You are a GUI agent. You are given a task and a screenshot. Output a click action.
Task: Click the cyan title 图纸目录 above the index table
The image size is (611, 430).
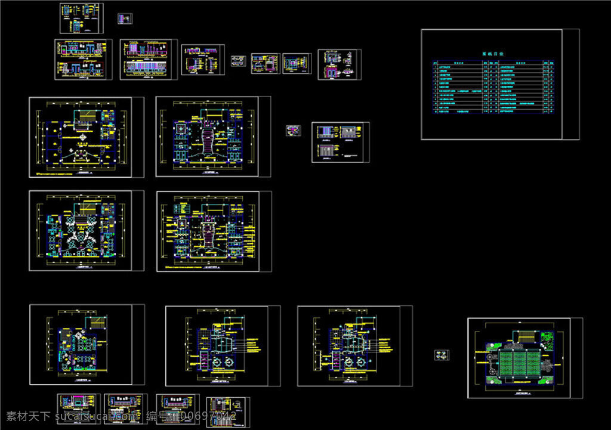(x=492, y=54)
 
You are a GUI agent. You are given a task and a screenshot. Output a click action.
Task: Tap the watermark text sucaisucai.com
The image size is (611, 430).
(x=95, y=417)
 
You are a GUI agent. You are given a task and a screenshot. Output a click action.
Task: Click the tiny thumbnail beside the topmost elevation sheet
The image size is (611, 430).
(x=125, y=19)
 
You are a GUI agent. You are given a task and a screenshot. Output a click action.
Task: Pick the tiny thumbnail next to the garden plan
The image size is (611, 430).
(x=442, y=355)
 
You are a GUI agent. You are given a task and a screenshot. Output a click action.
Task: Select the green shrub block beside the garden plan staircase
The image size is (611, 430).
(x=547, y=338)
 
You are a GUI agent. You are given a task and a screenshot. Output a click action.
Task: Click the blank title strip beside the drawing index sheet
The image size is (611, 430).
(x=570, y=84)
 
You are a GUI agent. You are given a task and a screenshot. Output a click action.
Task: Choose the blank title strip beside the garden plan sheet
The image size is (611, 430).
(x=576, y=357)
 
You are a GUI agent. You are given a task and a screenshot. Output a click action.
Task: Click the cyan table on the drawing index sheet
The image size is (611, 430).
(x=492, y=86)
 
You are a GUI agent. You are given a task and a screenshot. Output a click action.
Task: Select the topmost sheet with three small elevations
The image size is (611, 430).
(x=81, y=18)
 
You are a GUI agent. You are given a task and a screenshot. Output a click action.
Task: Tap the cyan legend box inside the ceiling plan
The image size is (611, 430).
(x=82, y=113)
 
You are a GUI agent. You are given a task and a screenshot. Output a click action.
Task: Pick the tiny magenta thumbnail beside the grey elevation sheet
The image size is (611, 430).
(x=293, y=131)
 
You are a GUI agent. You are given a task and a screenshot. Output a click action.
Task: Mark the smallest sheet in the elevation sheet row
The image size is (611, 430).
(x=238, y=61)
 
